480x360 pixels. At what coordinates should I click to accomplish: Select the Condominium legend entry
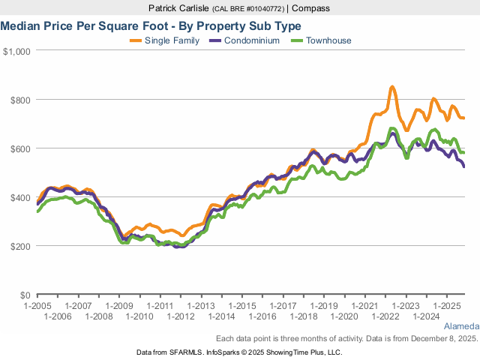pos(251,40)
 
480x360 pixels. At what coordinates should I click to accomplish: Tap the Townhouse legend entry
pos(328,40)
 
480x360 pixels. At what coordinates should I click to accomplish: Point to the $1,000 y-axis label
pos(16,51)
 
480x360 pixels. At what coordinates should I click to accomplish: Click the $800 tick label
pos(19,100)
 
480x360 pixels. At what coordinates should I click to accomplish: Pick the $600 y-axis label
pos(19,148)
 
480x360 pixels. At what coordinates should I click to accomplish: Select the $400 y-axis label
pos(19,197)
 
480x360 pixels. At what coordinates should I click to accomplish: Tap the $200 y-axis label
pos(19,246)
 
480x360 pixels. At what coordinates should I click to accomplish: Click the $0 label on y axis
pos(24,295)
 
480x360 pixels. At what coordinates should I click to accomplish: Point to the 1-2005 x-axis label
pos(37,306)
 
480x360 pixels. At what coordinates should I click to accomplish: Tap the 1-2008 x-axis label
pos(99,316)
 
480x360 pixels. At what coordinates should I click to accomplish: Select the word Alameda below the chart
pos(461,328)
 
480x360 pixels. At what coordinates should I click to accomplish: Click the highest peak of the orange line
pos(392,88)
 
